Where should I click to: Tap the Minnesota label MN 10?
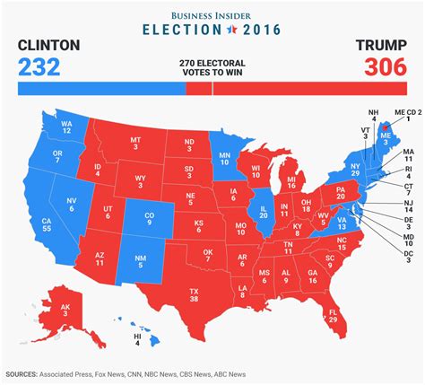pos(226,160)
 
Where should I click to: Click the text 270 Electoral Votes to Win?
pos(212,66)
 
